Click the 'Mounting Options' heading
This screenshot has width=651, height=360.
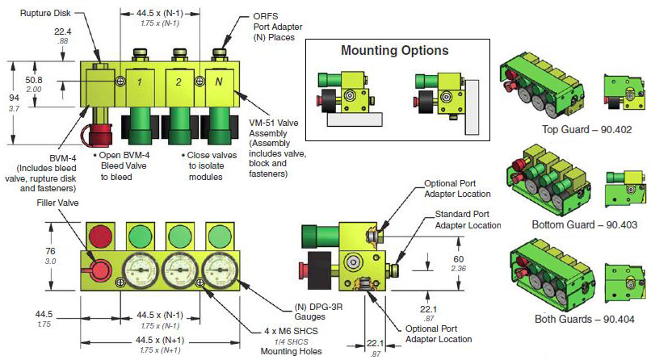394,51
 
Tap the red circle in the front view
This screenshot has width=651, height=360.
101,237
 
